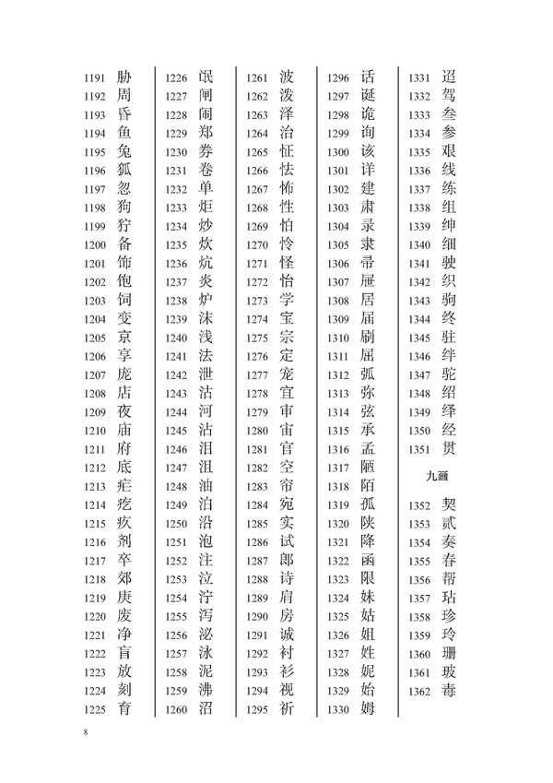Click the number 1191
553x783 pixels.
point(95,77)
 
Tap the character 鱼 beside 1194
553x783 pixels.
point(125,133)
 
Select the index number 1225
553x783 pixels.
point(95,709)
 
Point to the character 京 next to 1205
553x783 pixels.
point(125,337)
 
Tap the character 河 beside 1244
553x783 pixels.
point(206,411)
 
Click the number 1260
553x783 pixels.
point(175,709)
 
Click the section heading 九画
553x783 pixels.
point(438,477)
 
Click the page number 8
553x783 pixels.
point(85,734)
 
